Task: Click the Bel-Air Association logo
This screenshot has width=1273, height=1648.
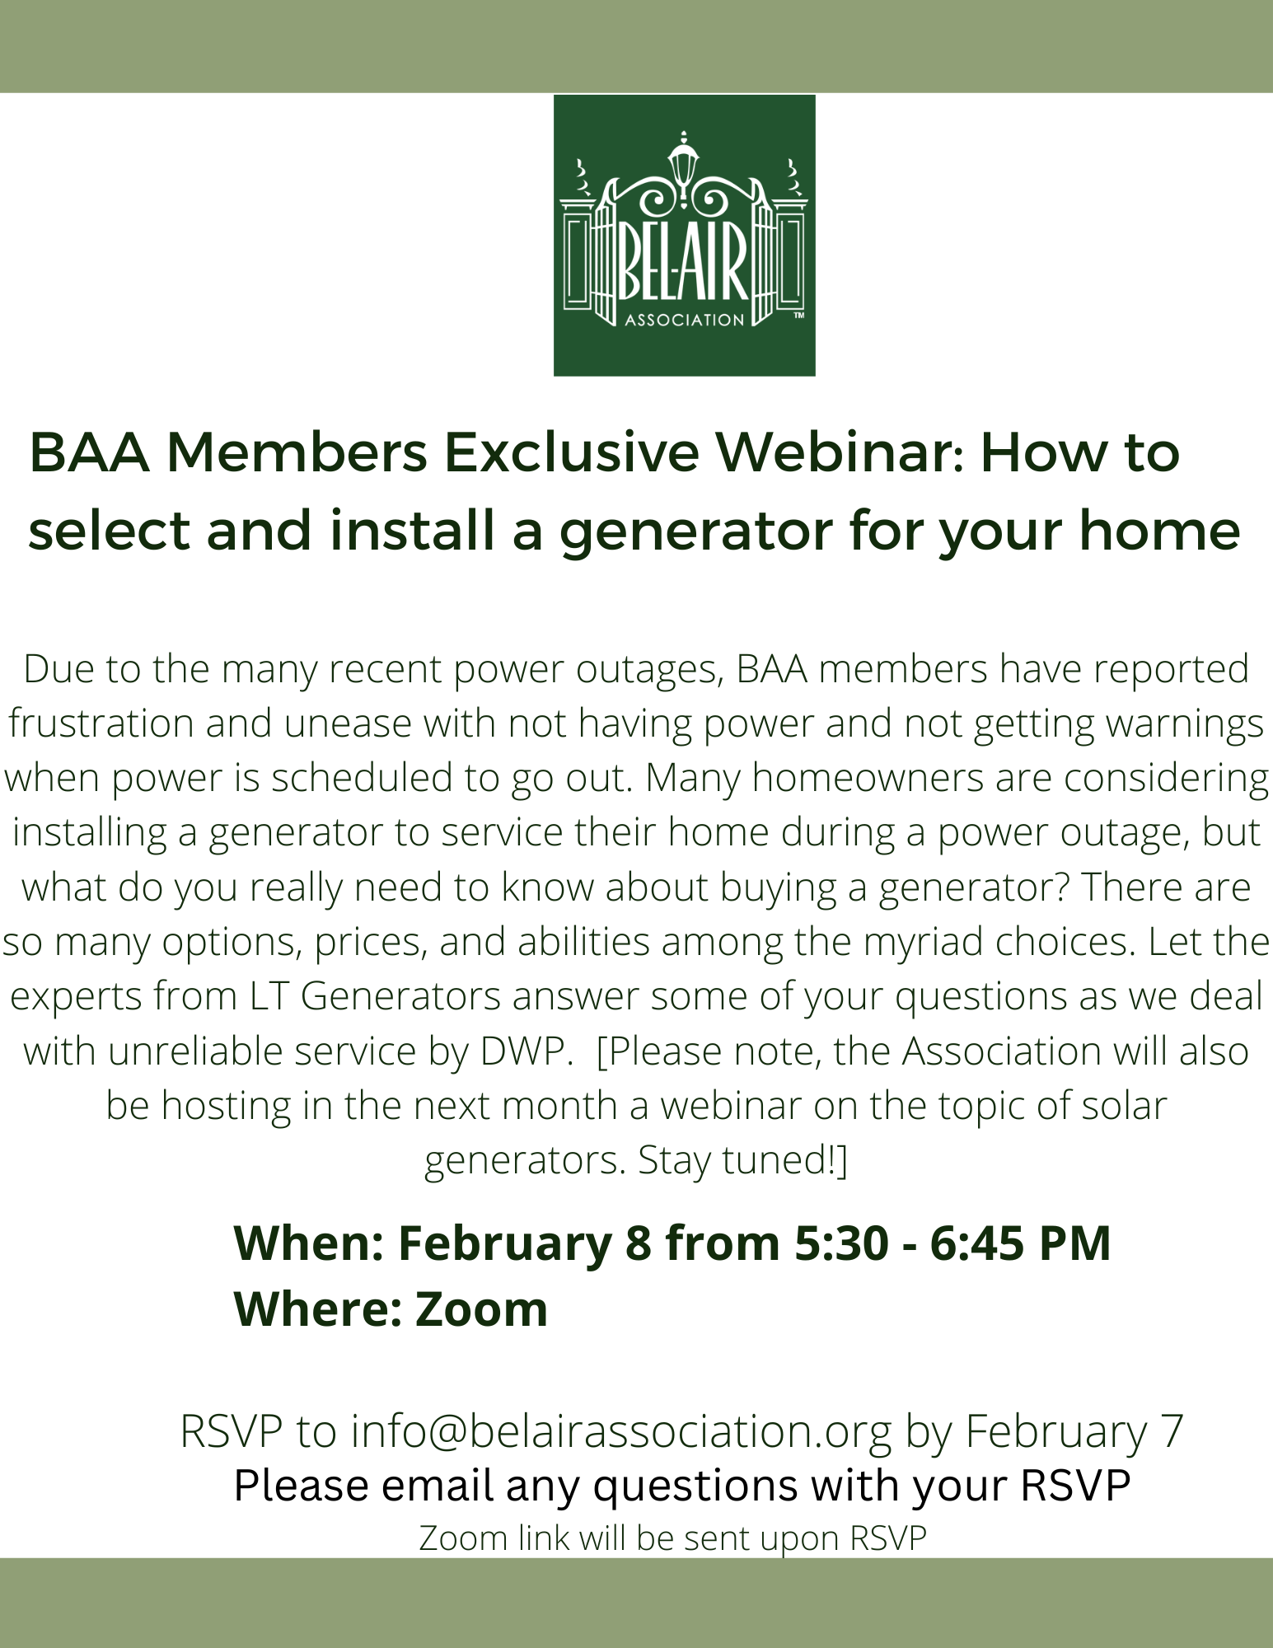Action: click(684, 236)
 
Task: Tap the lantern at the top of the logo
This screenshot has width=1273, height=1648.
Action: click(683, 161)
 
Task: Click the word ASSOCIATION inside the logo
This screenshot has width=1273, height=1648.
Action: click(684, 321)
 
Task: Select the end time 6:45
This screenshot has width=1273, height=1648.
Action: click(978, 1243)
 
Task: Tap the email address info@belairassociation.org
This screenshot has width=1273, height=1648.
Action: click(621, 1431)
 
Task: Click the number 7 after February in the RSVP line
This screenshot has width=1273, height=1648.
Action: click(1172, 1431)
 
